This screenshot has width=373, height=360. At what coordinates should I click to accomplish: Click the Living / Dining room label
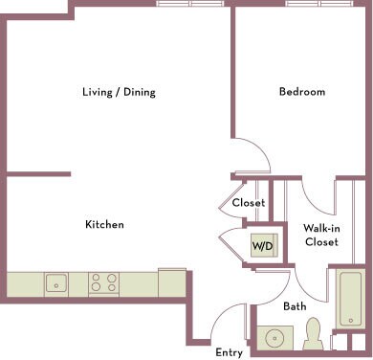pyautogui.click(x=119, y=92)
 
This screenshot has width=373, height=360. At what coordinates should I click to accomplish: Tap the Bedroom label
pyautogui.click(x=302, y=92)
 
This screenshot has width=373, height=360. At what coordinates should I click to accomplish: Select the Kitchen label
pyautogui.click(x=104, y=224)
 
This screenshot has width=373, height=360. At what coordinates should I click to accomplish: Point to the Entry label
pyautogui.click(x=229, y=352)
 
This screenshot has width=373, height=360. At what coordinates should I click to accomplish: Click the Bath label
pyautogui.click(x=295, y=306)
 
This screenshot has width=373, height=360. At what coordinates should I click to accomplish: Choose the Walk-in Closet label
pyautogui.click(x=321, y=235)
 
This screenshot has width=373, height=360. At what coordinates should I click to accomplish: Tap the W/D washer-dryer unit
pyautogui.click(x=264, y=245)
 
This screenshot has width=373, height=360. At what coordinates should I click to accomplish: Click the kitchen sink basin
pyautogui.click(x=56, y=283)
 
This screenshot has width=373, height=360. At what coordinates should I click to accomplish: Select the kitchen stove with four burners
pyautogui.click(x=103, y=283)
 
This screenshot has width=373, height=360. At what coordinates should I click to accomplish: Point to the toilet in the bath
pyautogui.click(x=313, y=333)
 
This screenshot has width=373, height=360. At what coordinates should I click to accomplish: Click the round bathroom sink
pyautogui.click(x=274, y=338)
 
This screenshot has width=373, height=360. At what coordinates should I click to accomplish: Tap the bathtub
pyautogui.click(x=350, y=299)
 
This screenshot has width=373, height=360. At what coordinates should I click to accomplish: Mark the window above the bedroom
pyautogui.click(x=319, y=4)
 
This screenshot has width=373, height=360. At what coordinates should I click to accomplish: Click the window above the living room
pyautogui.click(x=190, y=4)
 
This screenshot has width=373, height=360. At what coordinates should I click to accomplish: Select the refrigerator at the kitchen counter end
pyautogui.click(x=172, y=282)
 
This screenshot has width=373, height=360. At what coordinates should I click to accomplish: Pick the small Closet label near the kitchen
pyautogui.click(x=249, y=202)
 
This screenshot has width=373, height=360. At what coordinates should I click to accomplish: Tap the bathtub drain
pyautogui.click(x=351, y=321)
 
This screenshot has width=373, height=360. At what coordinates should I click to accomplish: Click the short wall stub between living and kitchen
pyautogui.click(x=38, y=174)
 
